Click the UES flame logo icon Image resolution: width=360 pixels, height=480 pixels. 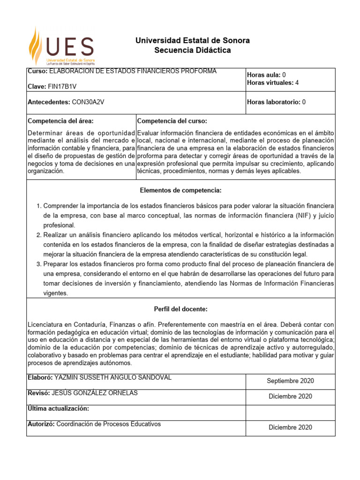[37, 45]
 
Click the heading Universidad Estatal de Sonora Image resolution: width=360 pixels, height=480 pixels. [192, 41]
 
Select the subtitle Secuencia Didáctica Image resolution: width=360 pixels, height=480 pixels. [192, 51]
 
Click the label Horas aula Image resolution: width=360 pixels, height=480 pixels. [263, 75]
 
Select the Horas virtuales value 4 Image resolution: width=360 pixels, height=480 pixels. [297, 83]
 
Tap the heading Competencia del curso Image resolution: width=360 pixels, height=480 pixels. [169, 121]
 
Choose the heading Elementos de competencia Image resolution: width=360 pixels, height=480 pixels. [180, 190]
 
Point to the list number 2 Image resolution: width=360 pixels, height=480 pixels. [39, 235]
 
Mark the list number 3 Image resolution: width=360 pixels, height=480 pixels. [39, 264]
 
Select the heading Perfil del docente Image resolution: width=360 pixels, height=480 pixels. [180, 309]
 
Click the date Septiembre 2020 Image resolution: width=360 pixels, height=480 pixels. [290, 381]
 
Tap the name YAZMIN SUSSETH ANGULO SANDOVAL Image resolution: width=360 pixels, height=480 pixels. [112, 377]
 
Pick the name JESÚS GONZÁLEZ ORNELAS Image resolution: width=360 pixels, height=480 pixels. [96, 393]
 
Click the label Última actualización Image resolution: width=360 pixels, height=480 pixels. [59, 409]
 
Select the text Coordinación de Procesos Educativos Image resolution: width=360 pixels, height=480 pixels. [108, 424]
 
